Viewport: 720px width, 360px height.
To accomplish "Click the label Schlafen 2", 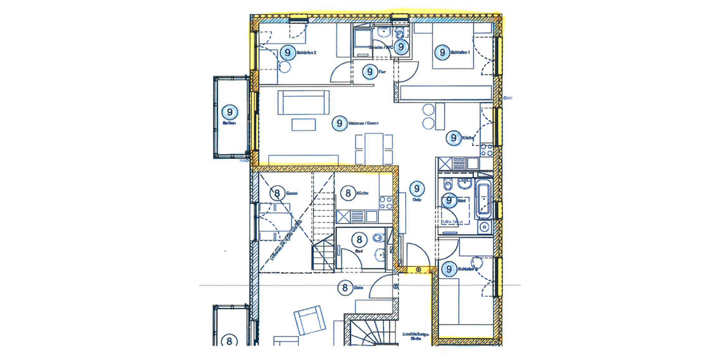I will pos(307,53).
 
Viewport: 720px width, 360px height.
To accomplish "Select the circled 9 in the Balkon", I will pos(229,112).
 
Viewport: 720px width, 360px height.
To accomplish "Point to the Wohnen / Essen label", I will pos(364,124).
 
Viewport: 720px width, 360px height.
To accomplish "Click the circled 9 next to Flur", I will pos(368,72).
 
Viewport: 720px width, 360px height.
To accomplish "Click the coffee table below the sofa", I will pos(304,124).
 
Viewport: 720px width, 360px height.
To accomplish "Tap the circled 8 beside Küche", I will pos(348,193).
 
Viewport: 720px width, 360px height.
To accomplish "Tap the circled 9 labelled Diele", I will pos(416,188).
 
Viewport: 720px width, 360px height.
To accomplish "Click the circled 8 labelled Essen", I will pos(277,193).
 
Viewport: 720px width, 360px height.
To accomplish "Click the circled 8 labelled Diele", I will pos(345,288).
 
